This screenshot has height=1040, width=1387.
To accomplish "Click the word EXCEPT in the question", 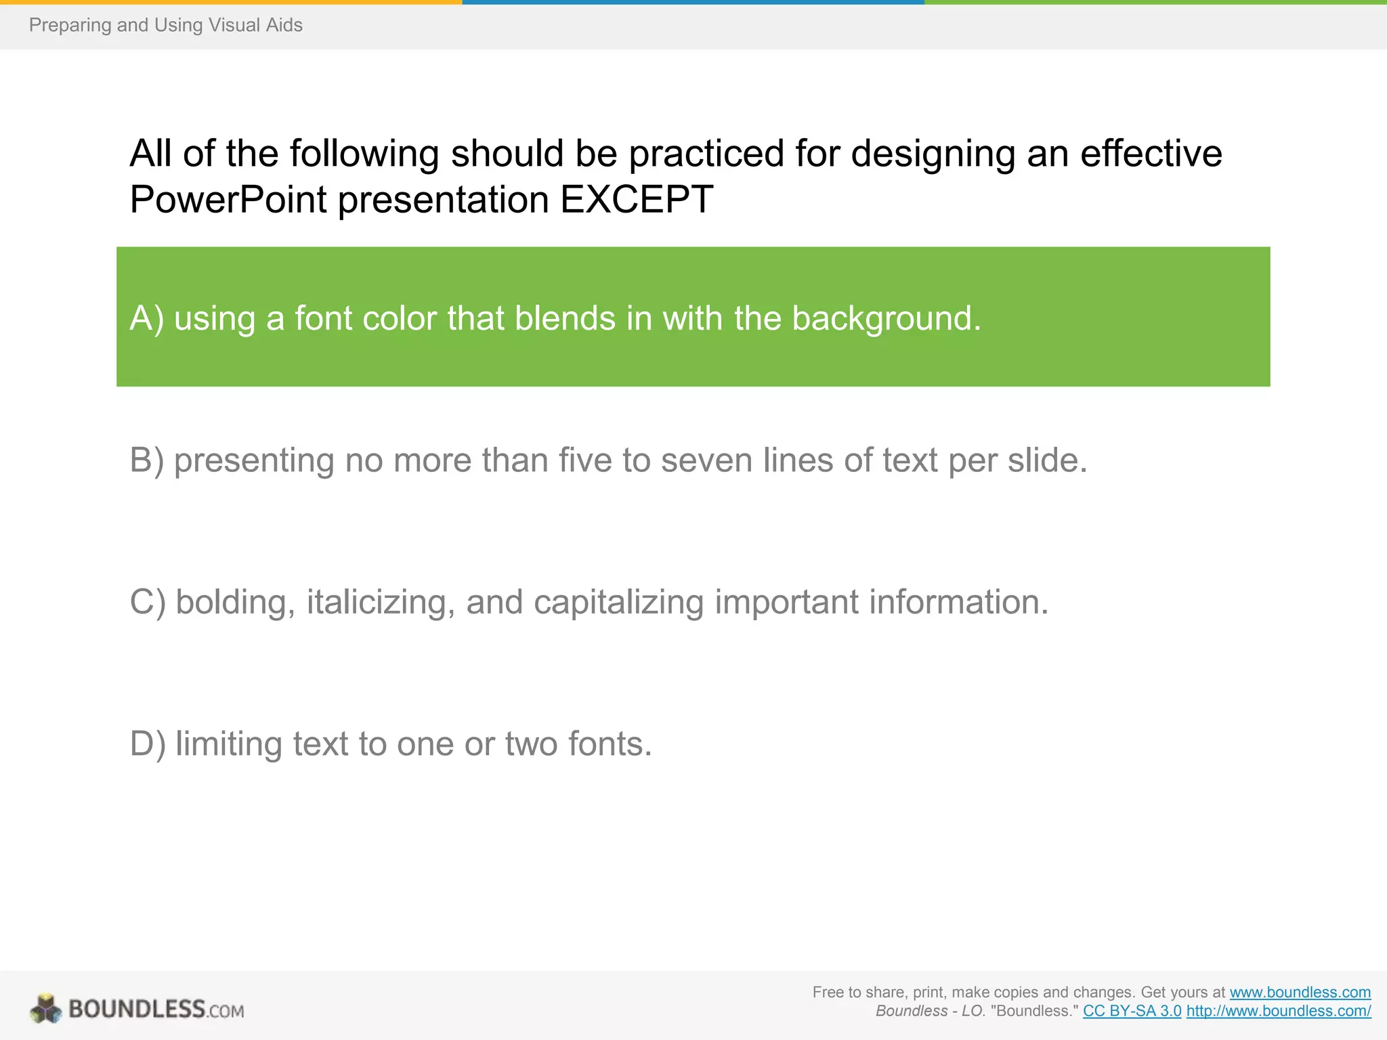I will pyautogui.click(x=637, y=199).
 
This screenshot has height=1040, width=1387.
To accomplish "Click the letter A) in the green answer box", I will pyautogui.click(x=146, y=318).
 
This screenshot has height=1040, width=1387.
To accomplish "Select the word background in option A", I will pyautogui.click(x=886, y=318).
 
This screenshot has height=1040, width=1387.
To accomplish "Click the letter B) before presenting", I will pyautogui.click(x=146, y=460).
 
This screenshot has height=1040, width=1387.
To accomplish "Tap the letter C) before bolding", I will pyautogui.click(x=147, y=602).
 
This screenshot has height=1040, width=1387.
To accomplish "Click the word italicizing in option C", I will pyautogui.click(x=380, y=602).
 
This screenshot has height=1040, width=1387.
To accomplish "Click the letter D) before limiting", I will pyautogui.click(x=147, y=743).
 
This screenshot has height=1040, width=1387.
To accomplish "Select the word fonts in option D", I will pyautogui.click(x=610, y=743).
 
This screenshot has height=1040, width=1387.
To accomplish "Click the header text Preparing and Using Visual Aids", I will pyautogui.click(x=166, y=25).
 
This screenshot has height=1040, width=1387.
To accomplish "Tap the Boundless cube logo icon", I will pyautogui.click(x=45, y=1009).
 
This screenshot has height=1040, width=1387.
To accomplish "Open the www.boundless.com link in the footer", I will pyautogui.click(x=1300, y=992).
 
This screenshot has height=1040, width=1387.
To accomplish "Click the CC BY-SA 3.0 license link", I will pyautogui.click(x=1132, y=1011).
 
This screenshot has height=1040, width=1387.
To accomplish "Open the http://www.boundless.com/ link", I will pyautogui.click(x=1278, y=1011).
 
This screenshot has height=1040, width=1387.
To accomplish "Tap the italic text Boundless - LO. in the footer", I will pyautogui.click(x=930, y=1011).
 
